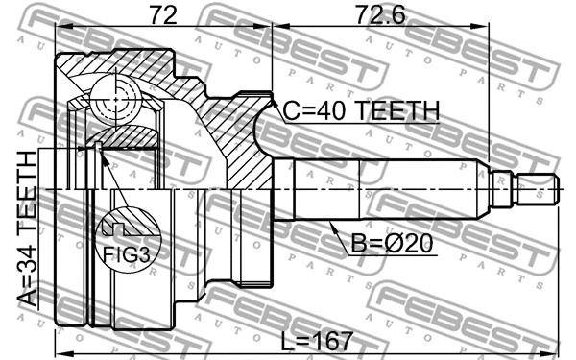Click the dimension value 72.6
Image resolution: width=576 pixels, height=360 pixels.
381,15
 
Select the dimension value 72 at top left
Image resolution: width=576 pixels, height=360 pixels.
163,15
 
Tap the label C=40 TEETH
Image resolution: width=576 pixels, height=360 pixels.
361,110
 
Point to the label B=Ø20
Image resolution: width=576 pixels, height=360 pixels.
392,243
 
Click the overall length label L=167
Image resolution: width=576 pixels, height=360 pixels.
317,341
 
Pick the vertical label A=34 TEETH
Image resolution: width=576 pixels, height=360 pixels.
27,228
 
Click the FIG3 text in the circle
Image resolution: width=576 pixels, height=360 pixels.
127,254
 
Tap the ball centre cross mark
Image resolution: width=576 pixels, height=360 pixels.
116,99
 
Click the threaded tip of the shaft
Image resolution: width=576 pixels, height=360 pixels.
538,189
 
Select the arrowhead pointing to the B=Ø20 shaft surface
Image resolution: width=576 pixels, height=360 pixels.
332,227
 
